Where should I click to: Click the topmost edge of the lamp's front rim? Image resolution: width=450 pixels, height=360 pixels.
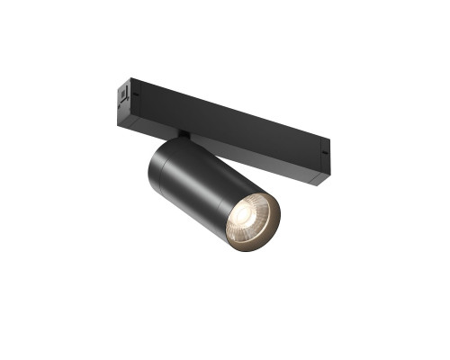252,190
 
